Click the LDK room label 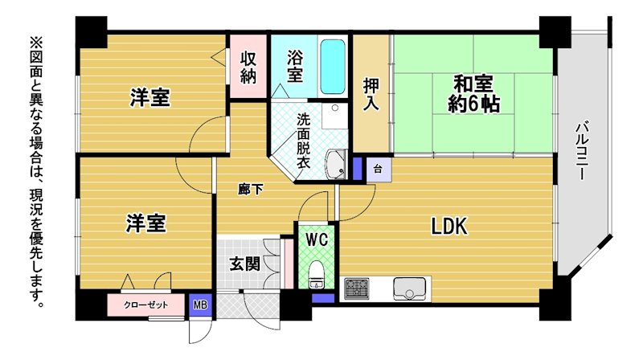(x=449, y=226)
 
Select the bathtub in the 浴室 (x=332, y=67)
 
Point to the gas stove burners (x=356, y=288)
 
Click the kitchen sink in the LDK (x=409, y=288)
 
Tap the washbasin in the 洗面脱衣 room (x=336, y=165)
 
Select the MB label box (x=200, y=305)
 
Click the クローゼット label (x=146, y=305)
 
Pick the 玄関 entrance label (x=245, y=264)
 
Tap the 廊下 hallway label (x=251, y=190)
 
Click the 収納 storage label (x=248, y=67)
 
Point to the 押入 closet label (x=371, y=93)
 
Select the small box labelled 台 (x=379, y=169)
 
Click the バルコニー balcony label (x=582, y=150)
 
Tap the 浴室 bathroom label (x=294, y=66)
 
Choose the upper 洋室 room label (x=150, y=97)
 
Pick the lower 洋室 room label (x=146, y=223)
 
